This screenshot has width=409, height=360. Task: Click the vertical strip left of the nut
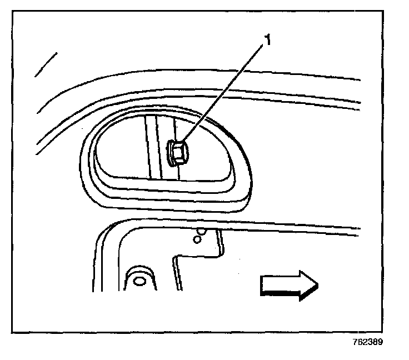point(151,146)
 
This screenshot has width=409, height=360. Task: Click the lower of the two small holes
point(195,240)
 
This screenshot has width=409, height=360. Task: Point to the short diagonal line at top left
point(46,64)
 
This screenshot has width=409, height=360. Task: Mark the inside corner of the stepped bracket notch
point(176,257)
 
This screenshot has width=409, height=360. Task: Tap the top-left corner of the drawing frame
point(13,12)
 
